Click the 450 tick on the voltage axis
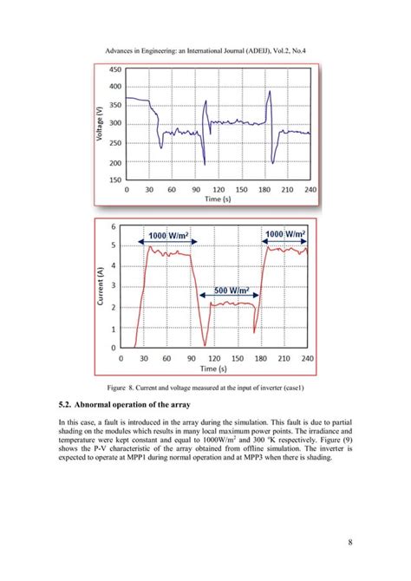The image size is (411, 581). point(114,86)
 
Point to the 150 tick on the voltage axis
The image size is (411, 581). point(114,180)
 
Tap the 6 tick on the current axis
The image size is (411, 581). point(114,225)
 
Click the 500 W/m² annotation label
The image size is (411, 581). point(232,289)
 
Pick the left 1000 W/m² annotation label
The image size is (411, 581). point(169,235)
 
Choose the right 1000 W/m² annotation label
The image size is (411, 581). point(285,234)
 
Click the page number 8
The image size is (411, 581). point(349,542)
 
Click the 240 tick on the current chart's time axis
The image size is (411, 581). point(308,357)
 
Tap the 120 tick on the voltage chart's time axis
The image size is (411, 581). point(219,189)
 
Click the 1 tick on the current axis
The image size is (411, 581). point(114,330)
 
